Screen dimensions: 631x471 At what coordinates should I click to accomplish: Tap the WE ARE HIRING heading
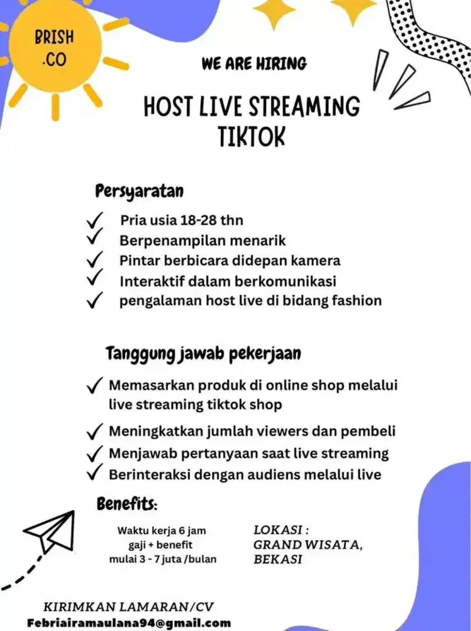254,63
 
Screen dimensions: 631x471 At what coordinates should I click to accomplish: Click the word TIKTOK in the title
251,136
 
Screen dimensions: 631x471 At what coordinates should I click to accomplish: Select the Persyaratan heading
140,190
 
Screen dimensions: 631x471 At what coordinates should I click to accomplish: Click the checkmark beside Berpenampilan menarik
95,239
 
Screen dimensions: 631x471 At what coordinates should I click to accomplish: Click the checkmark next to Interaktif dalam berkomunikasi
95,279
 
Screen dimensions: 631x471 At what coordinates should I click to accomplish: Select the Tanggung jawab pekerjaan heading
203,354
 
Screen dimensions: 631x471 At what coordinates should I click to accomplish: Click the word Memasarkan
153,385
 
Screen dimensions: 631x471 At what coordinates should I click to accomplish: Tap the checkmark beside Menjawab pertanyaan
95,453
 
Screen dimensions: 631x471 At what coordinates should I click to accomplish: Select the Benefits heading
127,504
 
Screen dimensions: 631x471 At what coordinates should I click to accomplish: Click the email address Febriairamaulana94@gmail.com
129,623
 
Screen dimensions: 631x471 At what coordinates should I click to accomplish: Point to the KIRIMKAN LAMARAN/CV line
129,607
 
